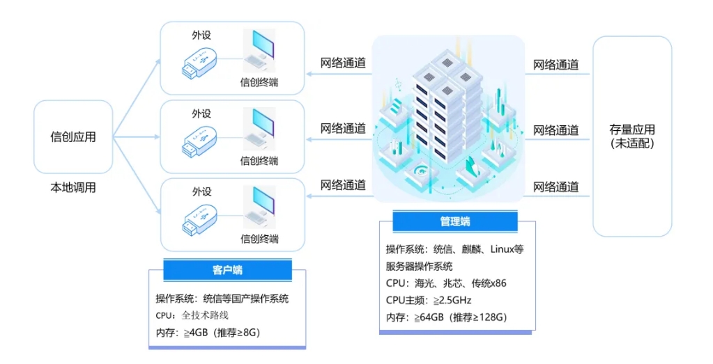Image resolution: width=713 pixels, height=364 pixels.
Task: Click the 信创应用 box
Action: (x=73, y=137)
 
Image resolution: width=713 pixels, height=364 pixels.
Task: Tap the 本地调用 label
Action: (x=73, y=188)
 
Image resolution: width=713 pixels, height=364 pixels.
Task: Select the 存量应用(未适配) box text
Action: (x=632, y=137)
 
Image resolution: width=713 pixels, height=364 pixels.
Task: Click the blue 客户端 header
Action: (x=227, y=269)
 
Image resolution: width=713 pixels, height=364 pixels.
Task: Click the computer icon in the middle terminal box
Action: (x=259, y=130)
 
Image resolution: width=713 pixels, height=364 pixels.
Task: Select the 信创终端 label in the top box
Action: (x=259, y=82)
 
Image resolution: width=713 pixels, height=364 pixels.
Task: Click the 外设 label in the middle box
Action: (x=201, y=113)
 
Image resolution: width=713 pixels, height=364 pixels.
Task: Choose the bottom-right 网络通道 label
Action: (x=555, y=187)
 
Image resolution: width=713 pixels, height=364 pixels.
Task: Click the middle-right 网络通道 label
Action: (x=555, y=130)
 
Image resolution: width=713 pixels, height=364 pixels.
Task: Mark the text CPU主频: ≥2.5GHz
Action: (x=429, y=300)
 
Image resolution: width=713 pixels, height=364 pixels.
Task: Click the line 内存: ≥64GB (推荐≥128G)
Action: (x=446, y=317)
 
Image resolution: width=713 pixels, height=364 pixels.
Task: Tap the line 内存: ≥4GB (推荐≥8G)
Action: (x=208, y=333)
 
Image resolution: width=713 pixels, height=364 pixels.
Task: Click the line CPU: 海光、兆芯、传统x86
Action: (x=446, y=283)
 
